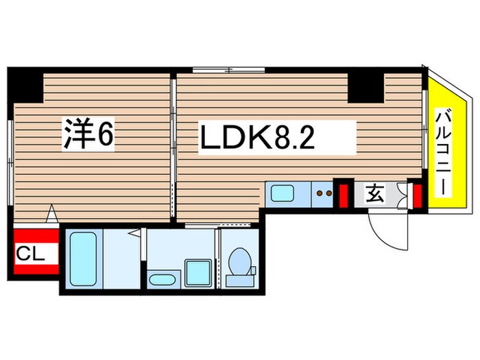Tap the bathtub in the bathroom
click(x=82, y=259)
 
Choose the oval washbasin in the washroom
click(x=163, y=280)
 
